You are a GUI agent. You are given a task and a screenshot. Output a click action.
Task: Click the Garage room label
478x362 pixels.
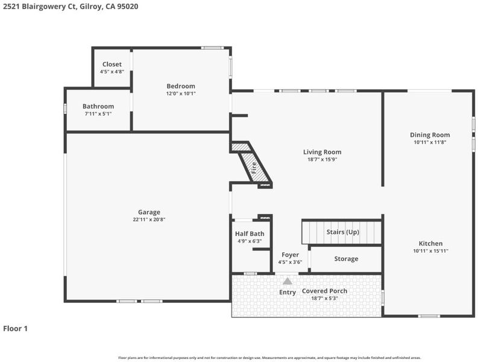tap(149, 212)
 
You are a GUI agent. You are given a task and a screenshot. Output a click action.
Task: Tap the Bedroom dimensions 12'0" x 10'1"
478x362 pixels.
tap(181, 94)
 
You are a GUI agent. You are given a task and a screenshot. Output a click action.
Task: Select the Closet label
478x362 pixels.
tap(112, 64)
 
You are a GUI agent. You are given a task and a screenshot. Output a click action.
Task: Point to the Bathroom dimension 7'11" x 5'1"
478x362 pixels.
tap(98, 114)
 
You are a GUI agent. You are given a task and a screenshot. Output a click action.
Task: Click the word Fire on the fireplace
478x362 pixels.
tap(254, 168)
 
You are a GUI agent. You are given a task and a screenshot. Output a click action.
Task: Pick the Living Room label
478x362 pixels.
tap(322, 152)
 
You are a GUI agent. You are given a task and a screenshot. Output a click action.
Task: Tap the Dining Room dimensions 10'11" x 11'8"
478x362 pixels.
tap(430, 142)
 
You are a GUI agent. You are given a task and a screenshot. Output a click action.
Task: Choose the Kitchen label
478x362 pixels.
tap(430, 244)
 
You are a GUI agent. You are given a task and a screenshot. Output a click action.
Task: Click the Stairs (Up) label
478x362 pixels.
tap(342, 232)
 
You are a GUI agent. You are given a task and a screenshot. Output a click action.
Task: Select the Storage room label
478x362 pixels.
tap(346, 259)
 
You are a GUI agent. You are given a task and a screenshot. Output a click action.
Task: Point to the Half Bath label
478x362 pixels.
tap(250, 234)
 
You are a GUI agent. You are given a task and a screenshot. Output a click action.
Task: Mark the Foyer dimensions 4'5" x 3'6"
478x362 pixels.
tap(290, 262)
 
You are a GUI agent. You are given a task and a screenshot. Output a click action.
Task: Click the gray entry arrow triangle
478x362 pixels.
tap(287, 281)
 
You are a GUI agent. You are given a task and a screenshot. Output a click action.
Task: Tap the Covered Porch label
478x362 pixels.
tap(324, 291)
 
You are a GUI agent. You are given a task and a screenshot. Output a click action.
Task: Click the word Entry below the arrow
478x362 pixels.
tap(288, 293)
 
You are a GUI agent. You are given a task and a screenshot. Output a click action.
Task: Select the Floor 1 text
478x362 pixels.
tap(15, 329)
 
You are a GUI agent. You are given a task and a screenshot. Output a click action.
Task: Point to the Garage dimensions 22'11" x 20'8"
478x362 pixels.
tap(149, 220)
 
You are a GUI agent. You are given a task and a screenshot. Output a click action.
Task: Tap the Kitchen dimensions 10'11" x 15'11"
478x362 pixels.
tap(430, 251)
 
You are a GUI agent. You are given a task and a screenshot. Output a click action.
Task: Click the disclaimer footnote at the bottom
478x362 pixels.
tap(269, 358)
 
